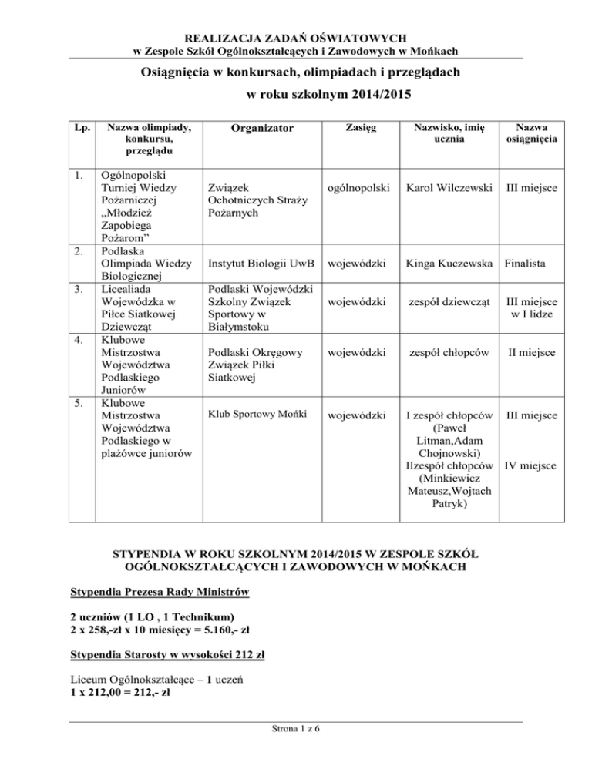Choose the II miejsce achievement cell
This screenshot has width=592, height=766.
[x=529, y=353]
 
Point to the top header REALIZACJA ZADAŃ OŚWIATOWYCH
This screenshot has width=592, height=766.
[x=296, y=36]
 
